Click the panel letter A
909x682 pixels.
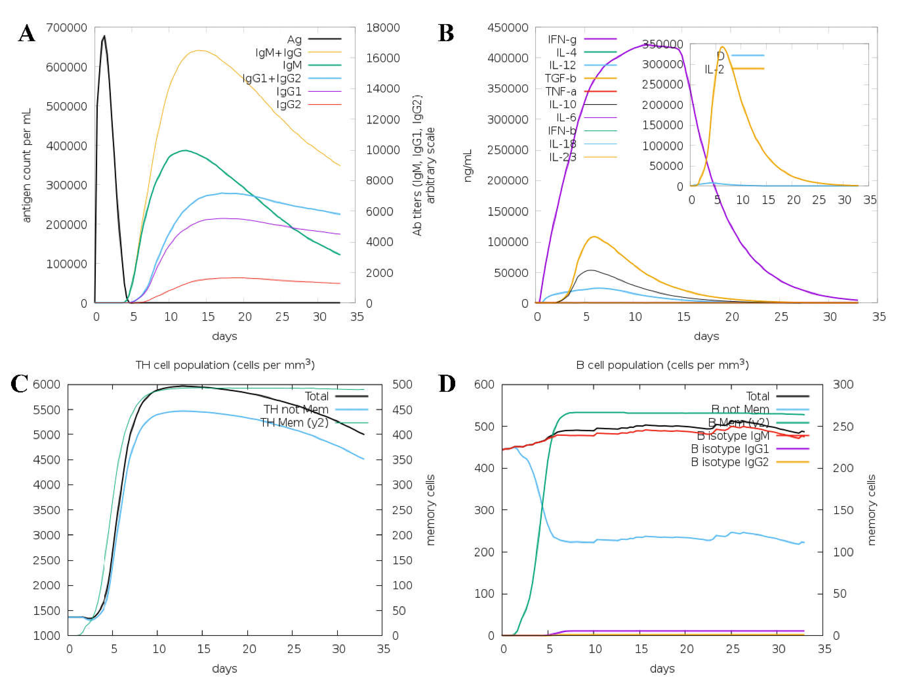27,34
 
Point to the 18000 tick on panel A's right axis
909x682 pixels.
383,27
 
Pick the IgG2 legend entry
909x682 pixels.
289,105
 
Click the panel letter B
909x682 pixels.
446,34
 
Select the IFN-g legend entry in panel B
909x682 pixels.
562,39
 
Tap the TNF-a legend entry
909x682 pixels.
561,91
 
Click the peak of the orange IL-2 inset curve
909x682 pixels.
722,47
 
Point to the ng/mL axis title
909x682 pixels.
468,165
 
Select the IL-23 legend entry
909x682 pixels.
563,157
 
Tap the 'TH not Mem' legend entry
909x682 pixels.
296,410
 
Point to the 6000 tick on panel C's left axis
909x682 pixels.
46,385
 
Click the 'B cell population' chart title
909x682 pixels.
662,365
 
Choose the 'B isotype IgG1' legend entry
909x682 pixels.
730,449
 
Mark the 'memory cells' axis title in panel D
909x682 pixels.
871,510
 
